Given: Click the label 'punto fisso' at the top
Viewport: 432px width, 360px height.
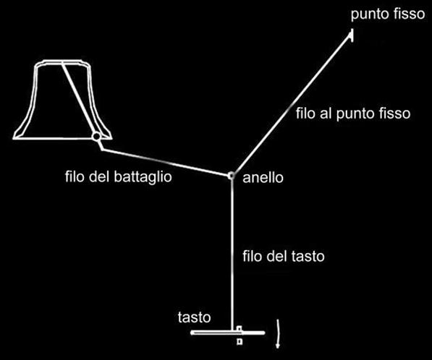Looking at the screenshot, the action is tap(388, 14).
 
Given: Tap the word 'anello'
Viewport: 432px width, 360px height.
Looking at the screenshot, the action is tap(263, 178).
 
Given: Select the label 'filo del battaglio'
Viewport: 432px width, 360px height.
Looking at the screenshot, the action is tap(119, 177).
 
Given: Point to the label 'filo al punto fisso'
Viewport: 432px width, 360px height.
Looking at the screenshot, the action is tap(353, 113).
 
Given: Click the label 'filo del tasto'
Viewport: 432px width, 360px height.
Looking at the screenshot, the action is tap(284, 257).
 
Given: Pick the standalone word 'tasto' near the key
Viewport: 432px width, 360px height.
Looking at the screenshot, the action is tap(194, 317).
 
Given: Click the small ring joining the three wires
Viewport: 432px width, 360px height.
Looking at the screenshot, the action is tap(231, 176).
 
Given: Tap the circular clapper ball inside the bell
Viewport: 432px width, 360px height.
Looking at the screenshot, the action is tap(96, 136).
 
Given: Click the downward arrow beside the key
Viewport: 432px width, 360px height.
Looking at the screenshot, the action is tap(279, 333).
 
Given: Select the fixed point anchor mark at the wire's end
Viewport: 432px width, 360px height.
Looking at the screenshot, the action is tap(351, 35).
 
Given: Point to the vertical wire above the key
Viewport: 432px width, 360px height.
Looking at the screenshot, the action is tap(232, 253).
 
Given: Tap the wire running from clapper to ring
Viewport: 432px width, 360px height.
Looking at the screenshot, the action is tap(166, 163).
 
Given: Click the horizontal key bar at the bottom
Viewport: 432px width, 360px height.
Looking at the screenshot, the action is tap(227, 333).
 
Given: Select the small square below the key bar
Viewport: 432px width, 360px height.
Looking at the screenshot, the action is tap(240, 341).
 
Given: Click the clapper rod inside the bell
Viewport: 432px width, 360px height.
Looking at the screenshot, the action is tap(79, 98).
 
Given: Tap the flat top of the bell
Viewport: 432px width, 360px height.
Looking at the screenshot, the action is tap(62, 61).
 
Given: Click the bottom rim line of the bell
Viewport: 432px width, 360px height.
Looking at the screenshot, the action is tap(62, 138).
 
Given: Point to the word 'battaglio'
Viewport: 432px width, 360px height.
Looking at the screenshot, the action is tap(143, 177).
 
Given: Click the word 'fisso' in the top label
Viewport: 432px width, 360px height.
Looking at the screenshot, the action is tap(409, 14).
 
